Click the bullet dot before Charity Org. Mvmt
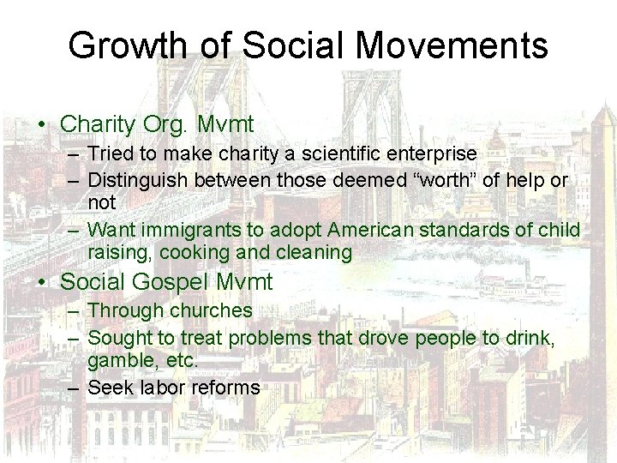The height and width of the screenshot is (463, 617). coord(42,125)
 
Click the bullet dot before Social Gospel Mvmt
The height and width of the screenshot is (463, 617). coord(42,281)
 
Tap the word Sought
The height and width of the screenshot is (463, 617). coord(117,338)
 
